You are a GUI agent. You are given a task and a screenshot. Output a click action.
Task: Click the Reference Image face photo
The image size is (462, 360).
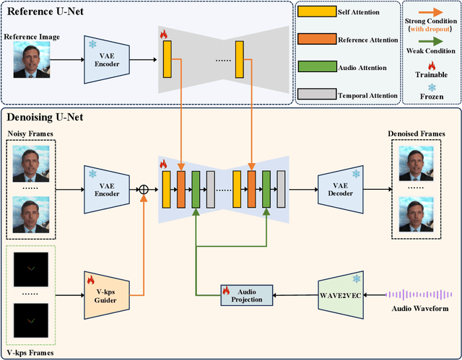coord(31,59)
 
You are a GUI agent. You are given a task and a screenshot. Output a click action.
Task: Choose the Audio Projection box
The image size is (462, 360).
coord(247,294)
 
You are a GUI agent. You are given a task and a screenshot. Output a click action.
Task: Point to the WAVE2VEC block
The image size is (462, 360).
coord(339,294)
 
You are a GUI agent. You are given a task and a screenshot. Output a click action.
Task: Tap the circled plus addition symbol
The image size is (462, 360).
coord(143,190)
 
